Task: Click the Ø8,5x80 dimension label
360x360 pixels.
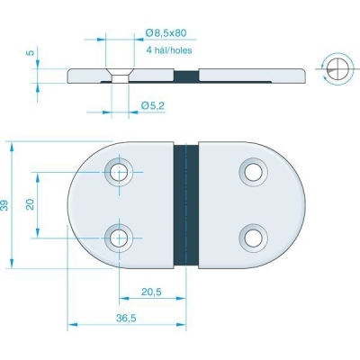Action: click(166, 32)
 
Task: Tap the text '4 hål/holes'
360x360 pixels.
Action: click(169, 50)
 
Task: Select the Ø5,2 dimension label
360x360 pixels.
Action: click(152, 105)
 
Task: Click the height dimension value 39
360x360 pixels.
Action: click(4, 205)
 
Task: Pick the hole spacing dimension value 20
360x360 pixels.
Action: click(31, 204)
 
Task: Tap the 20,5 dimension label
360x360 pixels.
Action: click(151, 292)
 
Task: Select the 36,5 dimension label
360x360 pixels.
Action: click(126, 318)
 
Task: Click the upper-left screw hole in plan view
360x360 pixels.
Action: click(119, 173)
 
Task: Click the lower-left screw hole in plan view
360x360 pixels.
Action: click(119, 238)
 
